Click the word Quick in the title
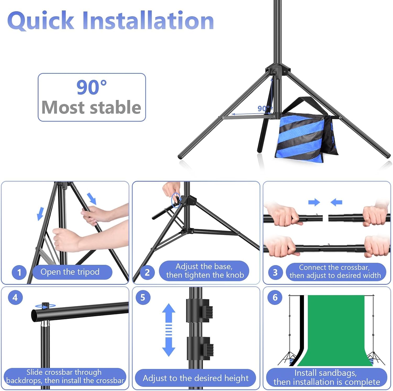tap(41, 21)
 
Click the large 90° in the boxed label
tap(91, 87)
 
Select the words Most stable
tap(91, 107)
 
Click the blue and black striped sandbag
tap(305, 133)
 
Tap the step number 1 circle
tap(19, 272)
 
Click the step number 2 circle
tap(147, 272)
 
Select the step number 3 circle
tap(275, 272)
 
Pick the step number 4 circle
tap(15, 297)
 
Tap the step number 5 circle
tap(143, 297)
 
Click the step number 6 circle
tap(275, 297)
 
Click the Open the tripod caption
tap(70, 272)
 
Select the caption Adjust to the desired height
tap(195, 378)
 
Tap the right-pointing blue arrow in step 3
tap(314, 202)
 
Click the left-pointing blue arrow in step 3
tap(336, 202)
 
